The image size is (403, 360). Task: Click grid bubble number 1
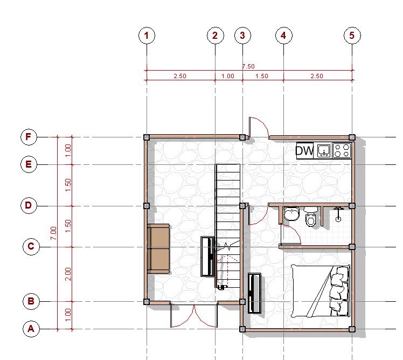tap(147, 36)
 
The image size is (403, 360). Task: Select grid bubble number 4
tap(284, 36)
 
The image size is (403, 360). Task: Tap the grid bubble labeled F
tap(29, 137)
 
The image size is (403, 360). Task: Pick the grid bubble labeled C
tap(31, 247)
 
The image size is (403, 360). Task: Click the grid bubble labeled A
tap(31, 329)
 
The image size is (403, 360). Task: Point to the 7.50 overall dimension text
tap(248, 66)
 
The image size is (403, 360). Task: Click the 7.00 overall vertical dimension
tap(53, 233)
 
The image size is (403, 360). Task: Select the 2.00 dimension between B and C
tap(68, 274)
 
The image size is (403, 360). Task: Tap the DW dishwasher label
tap(305, 150)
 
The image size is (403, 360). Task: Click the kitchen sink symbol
tap(324, 150)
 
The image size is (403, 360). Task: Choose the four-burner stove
tap(342, 150)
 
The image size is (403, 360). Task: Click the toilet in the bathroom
tap(311, 217)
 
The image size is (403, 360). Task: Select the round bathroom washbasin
tap(291, 214)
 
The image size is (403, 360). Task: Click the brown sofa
tap(158, 248)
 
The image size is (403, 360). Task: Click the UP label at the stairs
tap(223, 287)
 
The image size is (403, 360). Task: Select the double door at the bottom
tap(194, 315)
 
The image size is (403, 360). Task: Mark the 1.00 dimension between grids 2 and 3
tap(228, 76)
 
